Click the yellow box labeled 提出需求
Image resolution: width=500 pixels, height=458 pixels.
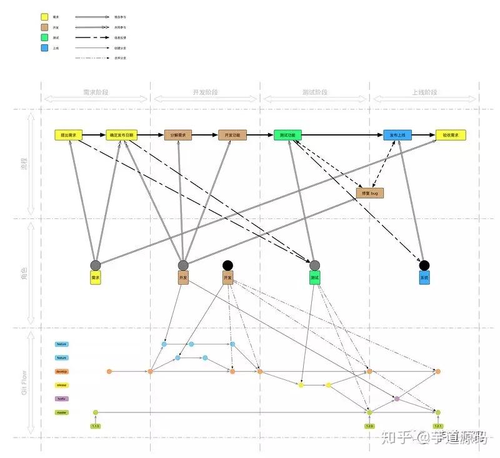point(69,135)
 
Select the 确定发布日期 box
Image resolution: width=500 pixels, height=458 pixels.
point(121,135)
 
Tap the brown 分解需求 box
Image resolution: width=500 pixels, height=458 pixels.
point(178,135)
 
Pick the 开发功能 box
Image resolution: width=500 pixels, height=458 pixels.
point(233,135)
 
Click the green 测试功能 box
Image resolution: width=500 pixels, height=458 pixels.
point(287,135)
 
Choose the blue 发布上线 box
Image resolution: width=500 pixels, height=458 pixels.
point(397,135)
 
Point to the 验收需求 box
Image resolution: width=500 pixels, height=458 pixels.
point(451,135)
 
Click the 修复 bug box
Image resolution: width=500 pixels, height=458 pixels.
point(369,193)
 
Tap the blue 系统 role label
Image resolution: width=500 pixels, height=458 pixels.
point(424,278)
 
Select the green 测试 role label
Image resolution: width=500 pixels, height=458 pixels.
point(315,278)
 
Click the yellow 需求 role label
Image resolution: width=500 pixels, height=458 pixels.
point(96,278)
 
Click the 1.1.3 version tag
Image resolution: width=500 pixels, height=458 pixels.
point(96,426)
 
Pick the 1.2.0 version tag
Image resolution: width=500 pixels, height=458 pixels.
point(369,426)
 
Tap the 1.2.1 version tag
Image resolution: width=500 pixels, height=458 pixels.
point(438,426)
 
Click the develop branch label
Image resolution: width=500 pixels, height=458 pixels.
point(61,371)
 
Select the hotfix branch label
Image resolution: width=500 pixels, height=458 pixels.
point(61,399)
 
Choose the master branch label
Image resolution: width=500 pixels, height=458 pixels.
point(61,412)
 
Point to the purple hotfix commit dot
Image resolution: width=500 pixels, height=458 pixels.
point(397,398)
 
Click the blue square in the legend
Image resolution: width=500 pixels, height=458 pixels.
point(45,47)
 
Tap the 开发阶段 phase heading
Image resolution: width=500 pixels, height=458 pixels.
point(205,92)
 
